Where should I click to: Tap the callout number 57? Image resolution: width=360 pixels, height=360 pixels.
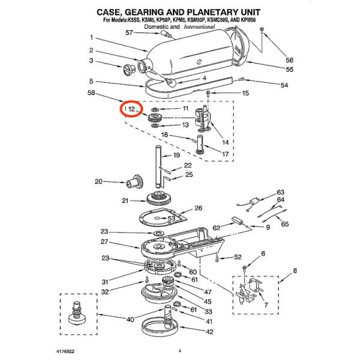[x=128, y=32]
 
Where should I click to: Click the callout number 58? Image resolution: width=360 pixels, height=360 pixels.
[x=91, y=93]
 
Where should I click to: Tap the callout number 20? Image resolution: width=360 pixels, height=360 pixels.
[x=98, y=181]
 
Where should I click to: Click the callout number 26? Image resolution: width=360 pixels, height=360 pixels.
[x=197, y=209]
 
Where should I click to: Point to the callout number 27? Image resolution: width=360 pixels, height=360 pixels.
[x=104, y=242]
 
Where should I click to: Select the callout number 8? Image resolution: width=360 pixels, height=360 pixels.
[x=295, y=272]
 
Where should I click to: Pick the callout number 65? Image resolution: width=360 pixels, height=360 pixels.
[x=284, y=224]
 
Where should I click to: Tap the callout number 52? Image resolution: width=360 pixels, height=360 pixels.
[x=238, y=257]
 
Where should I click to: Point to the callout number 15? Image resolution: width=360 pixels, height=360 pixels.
[x=244, y=94]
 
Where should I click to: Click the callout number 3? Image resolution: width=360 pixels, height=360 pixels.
[x=91, y=61]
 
